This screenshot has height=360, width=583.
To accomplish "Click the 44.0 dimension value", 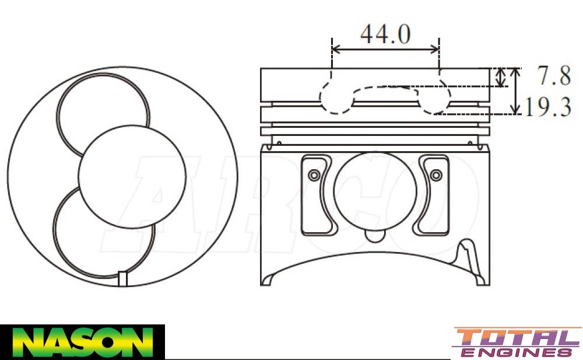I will pos(385,34).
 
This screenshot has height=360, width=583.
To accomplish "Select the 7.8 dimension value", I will pos(551,76).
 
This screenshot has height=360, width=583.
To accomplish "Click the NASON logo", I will pos(82,342).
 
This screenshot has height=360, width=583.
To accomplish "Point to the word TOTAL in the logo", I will pos(517,338).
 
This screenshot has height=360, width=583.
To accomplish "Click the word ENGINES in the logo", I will pos(517,352).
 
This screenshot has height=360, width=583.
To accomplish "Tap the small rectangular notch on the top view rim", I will pos(122,279).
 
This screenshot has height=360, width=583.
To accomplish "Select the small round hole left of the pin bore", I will pos(315,175).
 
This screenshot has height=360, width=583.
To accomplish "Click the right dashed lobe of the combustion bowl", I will pos(434,99).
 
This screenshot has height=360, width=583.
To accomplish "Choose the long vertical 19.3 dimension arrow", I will pos(515,90).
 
